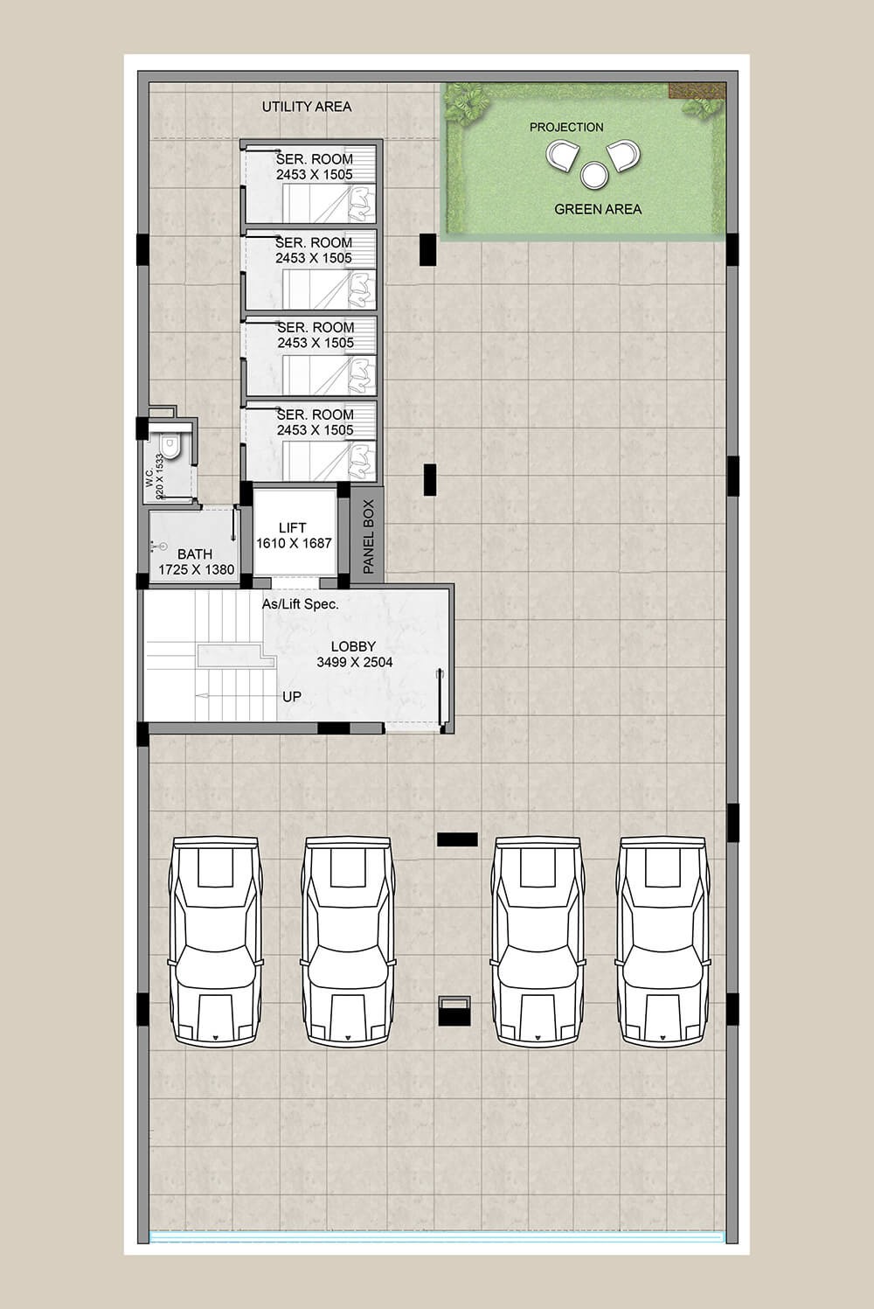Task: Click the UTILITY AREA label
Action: point(307,107)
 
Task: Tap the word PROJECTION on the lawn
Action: point(566,128)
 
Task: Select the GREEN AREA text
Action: point(598,209)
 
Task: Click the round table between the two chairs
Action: point(594,175)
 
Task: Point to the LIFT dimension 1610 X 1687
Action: point(294,544)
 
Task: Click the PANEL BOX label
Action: point(369,537)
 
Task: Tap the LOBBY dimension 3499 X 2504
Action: point(355,662)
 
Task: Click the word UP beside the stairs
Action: point(292,697)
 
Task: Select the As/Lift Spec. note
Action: point(301,604)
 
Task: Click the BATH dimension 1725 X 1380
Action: point(197,569)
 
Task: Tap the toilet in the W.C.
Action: point(170,446)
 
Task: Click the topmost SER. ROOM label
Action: point(315,159)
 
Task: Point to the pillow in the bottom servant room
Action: point(361,461)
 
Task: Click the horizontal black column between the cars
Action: point(457,839)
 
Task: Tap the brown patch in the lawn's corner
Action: point(697,90)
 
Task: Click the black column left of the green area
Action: point(427,249)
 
